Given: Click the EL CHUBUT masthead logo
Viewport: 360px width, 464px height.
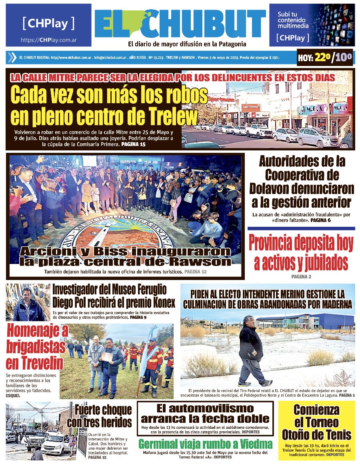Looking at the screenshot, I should tap(180, 24).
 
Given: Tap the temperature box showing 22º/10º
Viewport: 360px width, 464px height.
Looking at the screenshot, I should tap(325, 58).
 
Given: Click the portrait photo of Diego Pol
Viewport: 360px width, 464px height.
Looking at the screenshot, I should tap(28, 304).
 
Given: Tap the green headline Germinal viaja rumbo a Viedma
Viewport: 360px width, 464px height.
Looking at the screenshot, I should tap(205, 444).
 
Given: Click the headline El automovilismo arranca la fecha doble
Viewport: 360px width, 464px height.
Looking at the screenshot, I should tap(205, 414).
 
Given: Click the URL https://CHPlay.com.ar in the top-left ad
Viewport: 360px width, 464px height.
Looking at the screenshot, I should tap(48, 40).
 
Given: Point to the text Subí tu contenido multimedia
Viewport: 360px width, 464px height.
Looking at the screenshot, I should tap(293, 20).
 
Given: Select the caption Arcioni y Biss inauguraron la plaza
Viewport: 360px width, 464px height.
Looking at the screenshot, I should tap(126, 256).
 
